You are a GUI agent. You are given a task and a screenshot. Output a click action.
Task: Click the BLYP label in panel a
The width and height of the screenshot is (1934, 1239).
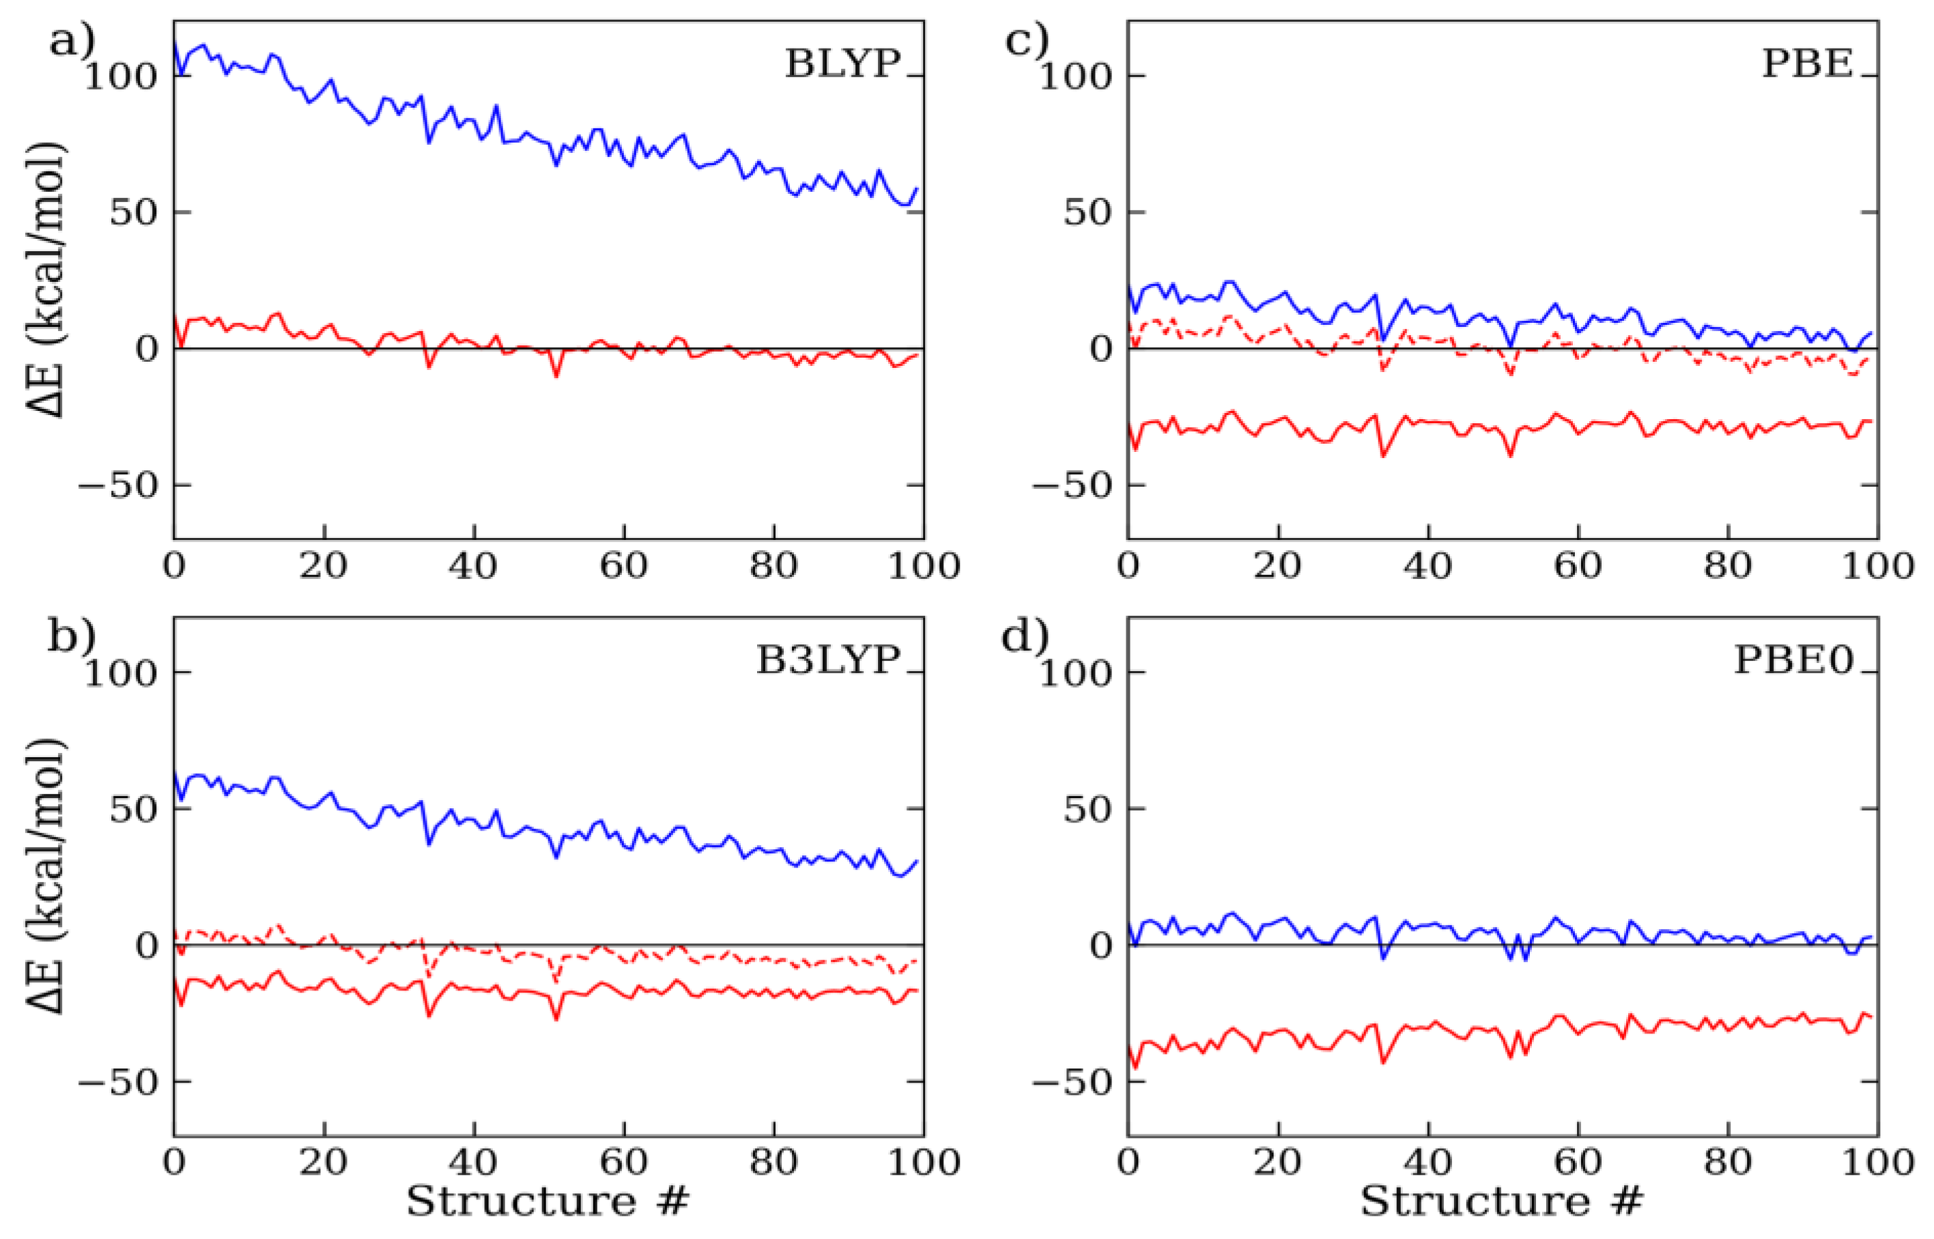pos(842,63)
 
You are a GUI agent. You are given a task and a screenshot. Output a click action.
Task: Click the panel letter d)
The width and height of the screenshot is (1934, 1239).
pos(1026,637)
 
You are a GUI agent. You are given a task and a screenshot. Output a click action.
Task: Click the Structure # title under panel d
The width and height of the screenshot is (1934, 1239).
pos(1501,1202)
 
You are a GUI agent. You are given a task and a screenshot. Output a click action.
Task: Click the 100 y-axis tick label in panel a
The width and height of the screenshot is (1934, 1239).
pos(121,76)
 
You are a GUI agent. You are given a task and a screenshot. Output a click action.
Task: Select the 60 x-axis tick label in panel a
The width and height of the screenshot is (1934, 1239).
pos(623,567)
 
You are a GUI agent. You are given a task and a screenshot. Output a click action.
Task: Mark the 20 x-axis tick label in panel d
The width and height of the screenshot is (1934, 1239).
pos(1277,1163)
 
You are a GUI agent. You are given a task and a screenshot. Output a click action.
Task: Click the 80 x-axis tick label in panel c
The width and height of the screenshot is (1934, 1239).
pos(1728,567)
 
